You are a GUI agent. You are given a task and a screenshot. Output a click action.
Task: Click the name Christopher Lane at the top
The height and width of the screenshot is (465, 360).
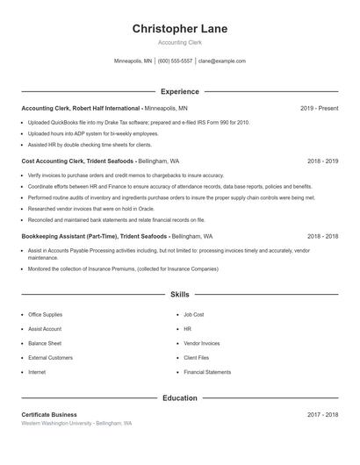click(180, 29)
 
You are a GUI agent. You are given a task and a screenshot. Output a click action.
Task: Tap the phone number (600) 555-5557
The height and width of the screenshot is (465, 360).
click(175, 61)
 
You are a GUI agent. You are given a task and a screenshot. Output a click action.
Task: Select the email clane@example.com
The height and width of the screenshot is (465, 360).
click(221, 61)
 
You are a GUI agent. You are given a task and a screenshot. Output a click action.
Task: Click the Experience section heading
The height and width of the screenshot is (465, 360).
click(180, 91)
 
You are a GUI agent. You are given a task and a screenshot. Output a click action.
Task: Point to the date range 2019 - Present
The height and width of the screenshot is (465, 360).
click(319, 108)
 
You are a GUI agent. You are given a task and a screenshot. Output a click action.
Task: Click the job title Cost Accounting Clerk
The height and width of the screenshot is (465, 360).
click(57, 161)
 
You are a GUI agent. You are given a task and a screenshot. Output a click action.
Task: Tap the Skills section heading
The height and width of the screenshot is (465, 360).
click(180, 295)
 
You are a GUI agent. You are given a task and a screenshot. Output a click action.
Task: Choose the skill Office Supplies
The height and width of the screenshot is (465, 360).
click(45, 314)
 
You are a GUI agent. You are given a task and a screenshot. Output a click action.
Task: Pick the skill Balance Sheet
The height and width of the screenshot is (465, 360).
click(44, 343)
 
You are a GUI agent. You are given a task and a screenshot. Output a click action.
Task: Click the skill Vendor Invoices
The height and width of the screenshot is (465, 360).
click(201, 343)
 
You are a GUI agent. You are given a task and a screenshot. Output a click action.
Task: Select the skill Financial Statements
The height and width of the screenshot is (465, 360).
click(207, 372)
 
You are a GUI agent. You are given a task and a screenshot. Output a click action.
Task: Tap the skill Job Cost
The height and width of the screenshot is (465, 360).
click(193, 314)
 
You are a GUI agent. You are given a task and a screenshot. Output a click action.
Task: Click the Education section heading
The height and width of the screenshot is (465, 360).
click(180, 398)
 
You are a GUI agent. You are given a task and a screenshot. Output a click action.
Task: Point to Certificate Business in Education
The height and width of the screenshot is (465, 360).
click(49, 414)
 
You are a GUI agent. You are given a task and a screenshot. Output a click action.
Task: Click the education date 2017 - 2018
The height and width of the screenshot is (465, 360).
click(322, 414)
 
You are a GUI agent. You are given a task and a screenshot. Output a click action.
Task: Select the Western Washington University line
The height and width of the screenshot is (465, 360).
click(76, 424)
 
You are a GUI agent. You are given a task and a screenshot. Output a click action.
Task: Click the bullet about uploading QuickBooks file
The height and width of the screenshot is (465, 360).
click(139, 122)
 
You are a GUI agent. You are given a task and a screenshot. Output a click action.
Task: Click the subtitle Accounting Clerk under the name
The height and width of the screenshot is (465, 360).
click(180, 42)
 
